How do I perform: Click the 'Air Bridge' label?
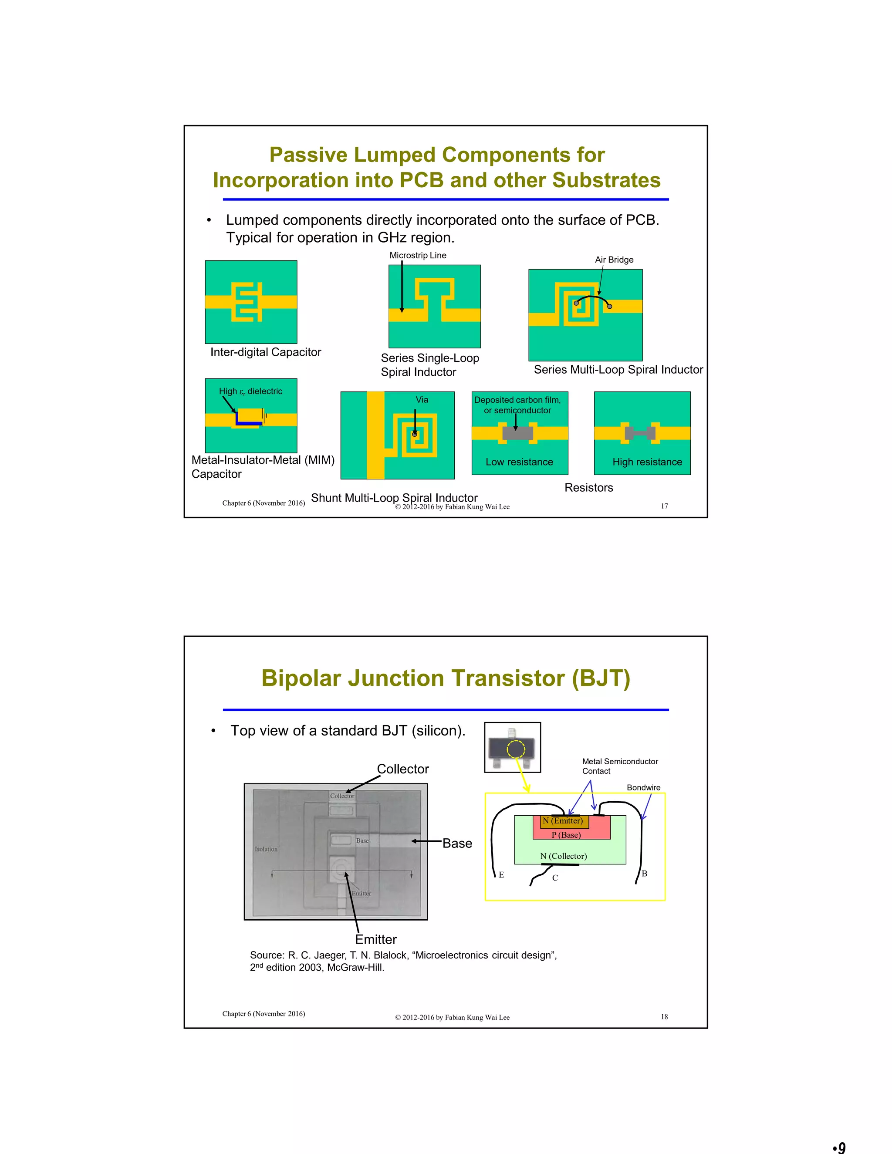click(614, 260)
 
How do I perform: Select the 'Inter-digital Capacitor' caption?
click(265, 352)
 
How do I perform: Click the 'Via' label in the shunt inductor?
click(422, 399)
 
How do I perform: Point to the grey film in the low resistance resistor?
click(517, 433)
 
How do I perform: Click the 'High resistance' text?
click(647, 462)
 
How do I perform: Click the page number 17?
click(664, 506)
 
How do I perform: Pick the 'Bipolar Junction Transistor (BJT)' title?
click(446, 678)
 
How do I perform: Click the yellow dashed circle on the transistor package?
click(516, 749)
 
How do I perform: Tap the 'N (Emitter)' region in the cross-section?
click(563, 820)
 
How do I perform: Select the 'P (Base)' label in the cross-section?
click(566, 835)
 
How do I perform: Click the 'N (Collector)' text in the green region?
click(563, 856)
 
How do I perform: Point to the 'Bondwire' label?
click(643, 787)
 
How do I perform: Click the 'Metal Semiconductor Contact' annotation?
click(619, 766)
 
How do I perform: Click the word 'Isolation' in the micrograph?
click(266, 849)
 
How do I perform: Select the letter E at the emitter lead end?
click(501, 875)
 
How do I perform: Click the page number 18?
click(664, 1017)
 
